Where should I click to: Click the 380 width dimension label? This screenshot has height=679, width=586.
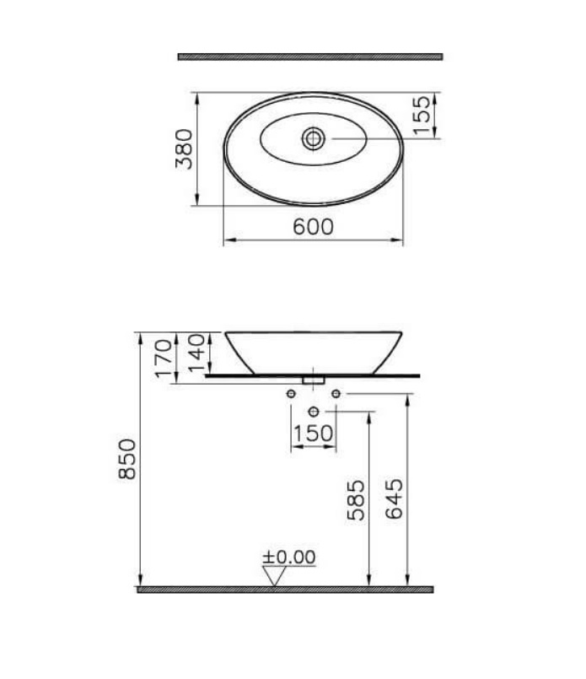185,148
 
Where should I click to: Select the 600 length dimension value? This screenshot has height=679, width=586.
313,227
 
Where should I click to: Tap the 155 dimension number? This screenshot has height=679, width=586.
421,114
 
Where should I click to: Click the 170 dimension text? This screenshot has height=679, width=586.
164,358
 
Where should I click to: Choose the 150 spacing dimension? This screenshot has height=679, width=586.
313,434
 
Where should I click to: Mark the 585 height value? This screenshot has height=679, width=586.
356,500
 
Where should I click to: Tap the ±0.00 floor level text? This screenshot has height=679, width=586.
288,558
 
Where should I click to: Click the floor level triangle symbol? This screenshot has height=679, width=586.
273,574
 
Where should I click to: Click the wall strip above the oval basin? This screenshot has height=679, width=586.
310,57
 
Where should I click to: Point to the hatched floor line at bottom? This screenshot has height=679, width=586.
285,589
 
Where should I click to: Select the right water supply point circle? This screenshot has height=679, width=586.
336,394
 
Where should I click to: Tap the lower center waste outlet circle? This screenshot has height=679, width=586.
314,411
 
